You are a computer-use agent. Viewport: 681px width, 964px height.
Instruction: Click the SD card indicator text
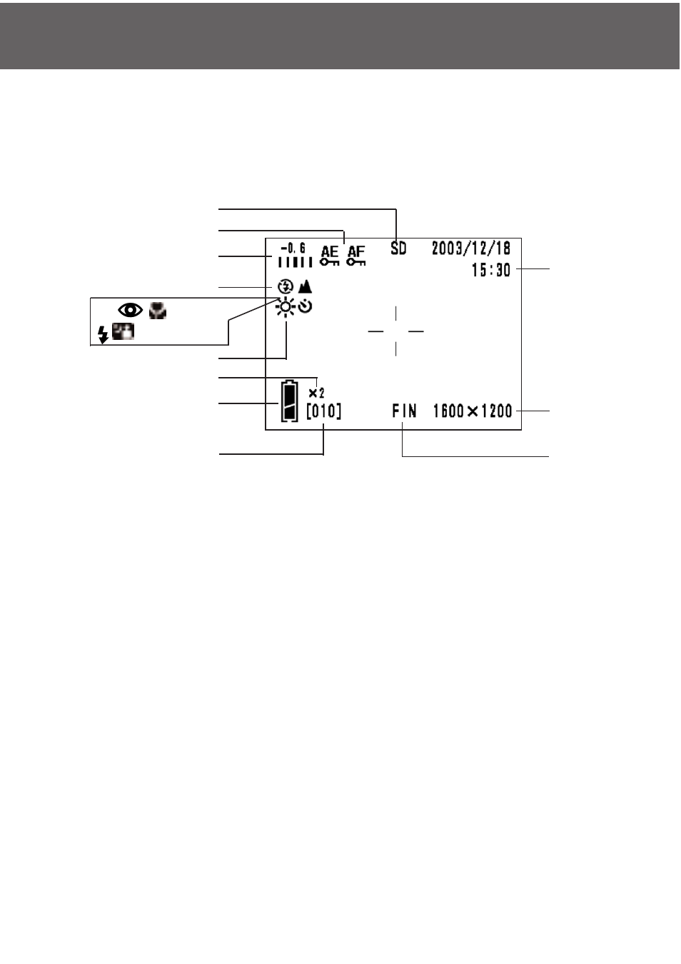tap(398, 248)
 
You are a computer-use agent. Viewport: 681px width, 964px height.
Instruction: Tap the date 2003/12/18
tap(471, 248)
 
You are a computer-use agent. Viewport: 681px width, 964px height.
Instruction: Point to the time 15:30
tap(491, 270)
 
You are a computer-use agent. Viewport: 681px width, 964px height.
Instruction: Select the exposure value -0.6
tap(293, 248)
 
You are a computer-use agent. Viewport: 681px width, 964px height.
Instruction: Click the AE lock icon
tap(330, 256)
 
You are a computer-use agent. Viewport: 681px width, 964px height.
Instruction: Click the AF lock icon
tap(356, 256)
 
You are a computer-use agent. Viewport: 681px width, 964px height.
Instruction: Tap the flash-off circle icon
tap(286, 286)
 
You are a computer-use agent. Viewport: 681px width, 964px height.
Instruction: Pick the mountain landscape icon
tap(305, 286)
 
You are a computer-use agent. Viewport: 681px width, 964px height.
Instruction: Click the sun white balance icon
tap(286, 307)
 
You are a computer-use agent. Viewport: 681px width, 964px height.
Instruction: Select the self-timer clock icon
tap(305, 306)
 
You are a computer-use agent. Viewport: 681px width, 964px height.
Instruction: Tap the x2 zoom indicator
tap(317, 393)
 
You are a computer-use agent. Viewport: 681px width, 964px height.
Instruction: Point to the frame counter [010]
tap(324, 411)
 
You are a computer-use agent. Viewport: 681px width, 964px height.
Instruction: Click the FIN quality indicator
tap(404, 411)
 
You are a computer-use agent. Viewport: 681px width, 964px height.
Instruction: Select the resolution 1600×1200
tap(473, 411)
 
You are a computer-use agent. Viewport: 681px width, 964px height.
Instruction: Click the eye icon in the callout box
tap(131, 310)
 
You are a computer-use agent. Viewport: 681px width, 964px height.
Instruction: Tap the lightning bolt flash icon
tap(103, 334)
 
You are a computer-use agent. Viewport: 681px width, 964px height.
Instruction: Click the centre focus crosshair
tap(395, 331)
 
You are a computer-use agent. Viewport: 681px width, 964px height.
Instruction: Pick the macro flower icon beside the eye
tap(158, 311)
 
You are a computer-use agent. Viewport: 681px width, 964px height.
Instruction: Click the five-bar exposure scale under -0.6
tap(295, 261)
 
